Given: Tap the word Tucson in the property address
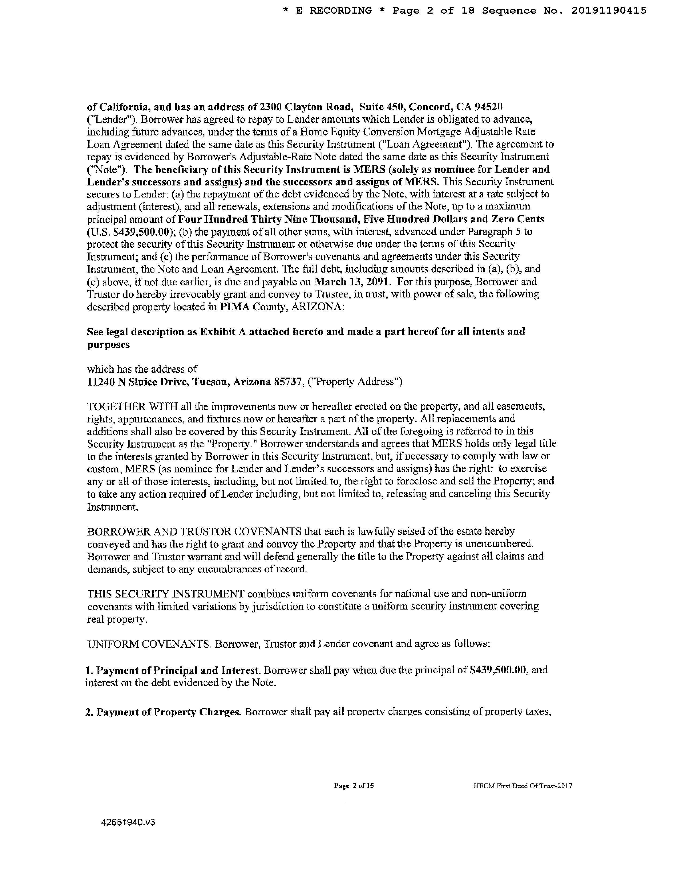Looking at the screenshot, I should tap(210, 382).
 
